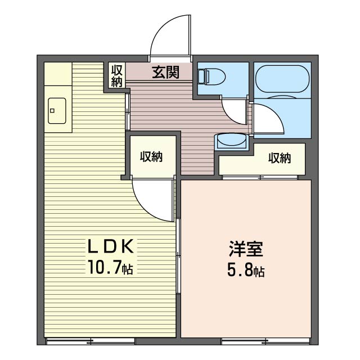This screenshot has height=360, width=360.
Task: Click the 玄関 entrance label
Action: point(165,72)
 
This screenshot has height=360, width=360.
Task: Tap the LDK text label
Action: point(110,246)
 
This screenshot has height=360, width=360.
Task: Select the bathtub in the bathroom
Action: point(282,78)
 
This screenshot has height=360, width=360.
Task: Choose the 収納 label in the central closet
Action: point(151,157)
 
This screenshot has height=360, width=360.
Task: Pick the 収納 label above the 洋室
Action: point(279,158)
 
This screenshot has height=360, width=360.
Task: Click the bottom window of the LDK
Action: point(90,341)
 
